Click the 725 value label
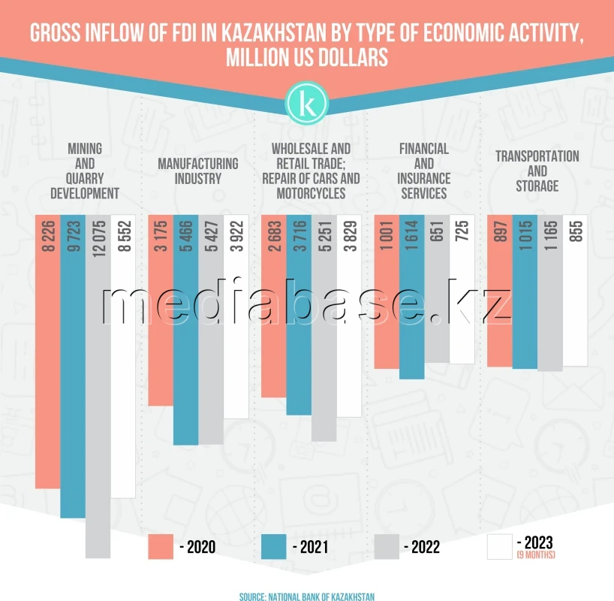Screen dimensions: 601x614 tap(462, 237)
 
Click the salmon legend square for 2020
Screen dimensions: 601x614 tap(161, 547)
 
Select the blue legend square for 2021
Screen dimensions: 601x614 tap(273, 547)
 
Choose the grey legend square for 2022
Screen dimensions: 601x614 tap(386, 547)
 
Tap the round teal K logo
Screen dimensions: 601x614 tap(307, 101)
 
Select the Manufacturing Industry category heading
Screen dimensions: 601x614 tap(198, 171)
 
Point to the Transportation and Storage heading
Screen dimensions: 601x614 tap(537, 171)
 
